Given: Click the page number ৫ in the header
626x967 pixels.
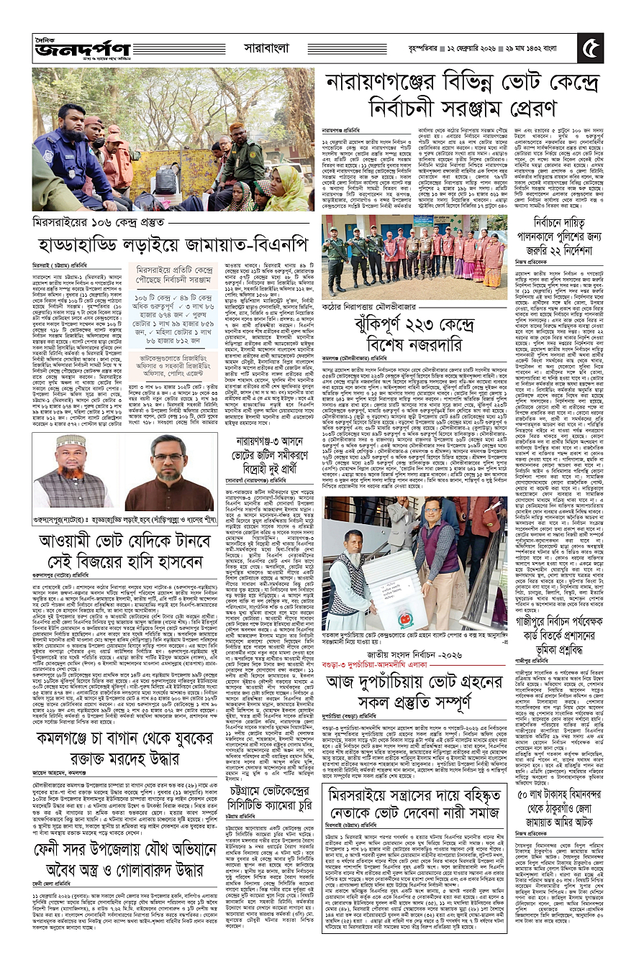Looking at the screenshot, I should (593, 50).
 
